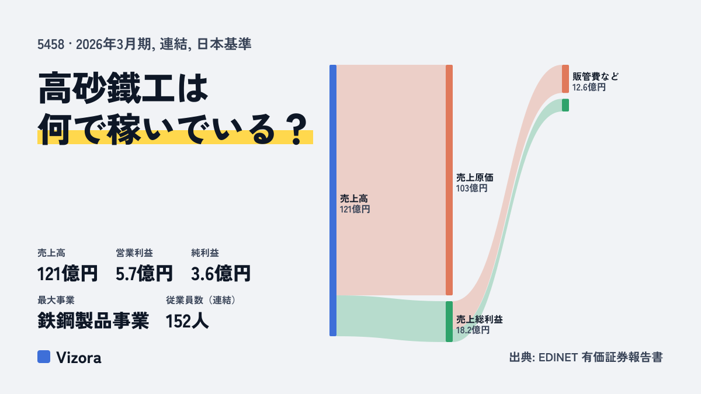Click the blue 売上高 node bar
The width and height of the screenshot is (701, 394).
(x=333, y=200)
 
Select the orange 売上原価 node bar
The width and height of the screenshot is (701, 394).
(x=449, y=180)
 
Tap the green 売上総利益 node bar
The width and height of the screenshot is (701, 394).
(x=449, y=322)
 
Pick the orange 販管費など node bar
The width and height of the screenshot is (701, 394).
(x=565, y=79)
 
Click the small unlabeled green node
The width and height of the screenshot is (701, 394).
(x=565, y=105)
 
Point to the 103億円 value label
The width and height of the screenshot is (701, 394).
(x=471, y=188)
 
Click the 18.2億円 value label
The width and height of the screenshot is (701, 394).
(x=473, y=330)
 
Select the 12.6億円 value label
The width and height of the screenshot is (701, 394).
(x=589, y=87)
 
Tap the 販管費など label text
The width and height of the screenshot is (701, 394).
(x=595, y=76)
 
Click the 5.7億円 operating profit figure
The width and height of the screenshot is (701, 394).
(x=144, y=274)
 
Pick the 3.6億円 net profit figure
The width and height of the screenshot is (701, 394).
(x=221, y=274)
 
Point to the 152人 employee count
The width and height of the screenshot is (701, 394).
(x=187, y=321)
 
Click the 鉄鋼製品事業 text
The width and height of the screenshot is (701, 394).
(x=93, y=321)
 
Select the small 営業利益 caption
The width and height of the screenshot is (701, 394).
(x=134, y=253)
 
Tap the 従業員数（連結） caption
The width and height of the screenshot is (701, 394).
(x=201, y=300)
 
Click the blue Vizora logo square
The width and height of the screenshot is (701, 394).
(x=44, y=357)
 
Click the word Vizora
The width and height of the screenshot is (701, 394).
(x=79, y=357)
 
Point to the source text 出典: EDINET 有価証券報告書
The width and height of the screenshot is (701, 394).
(x=586, y=357)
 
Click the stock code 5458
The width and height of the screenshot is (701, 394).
(x=51, y=44)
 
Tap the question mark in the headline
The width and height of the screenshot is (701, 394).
(x=297, y=129)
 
